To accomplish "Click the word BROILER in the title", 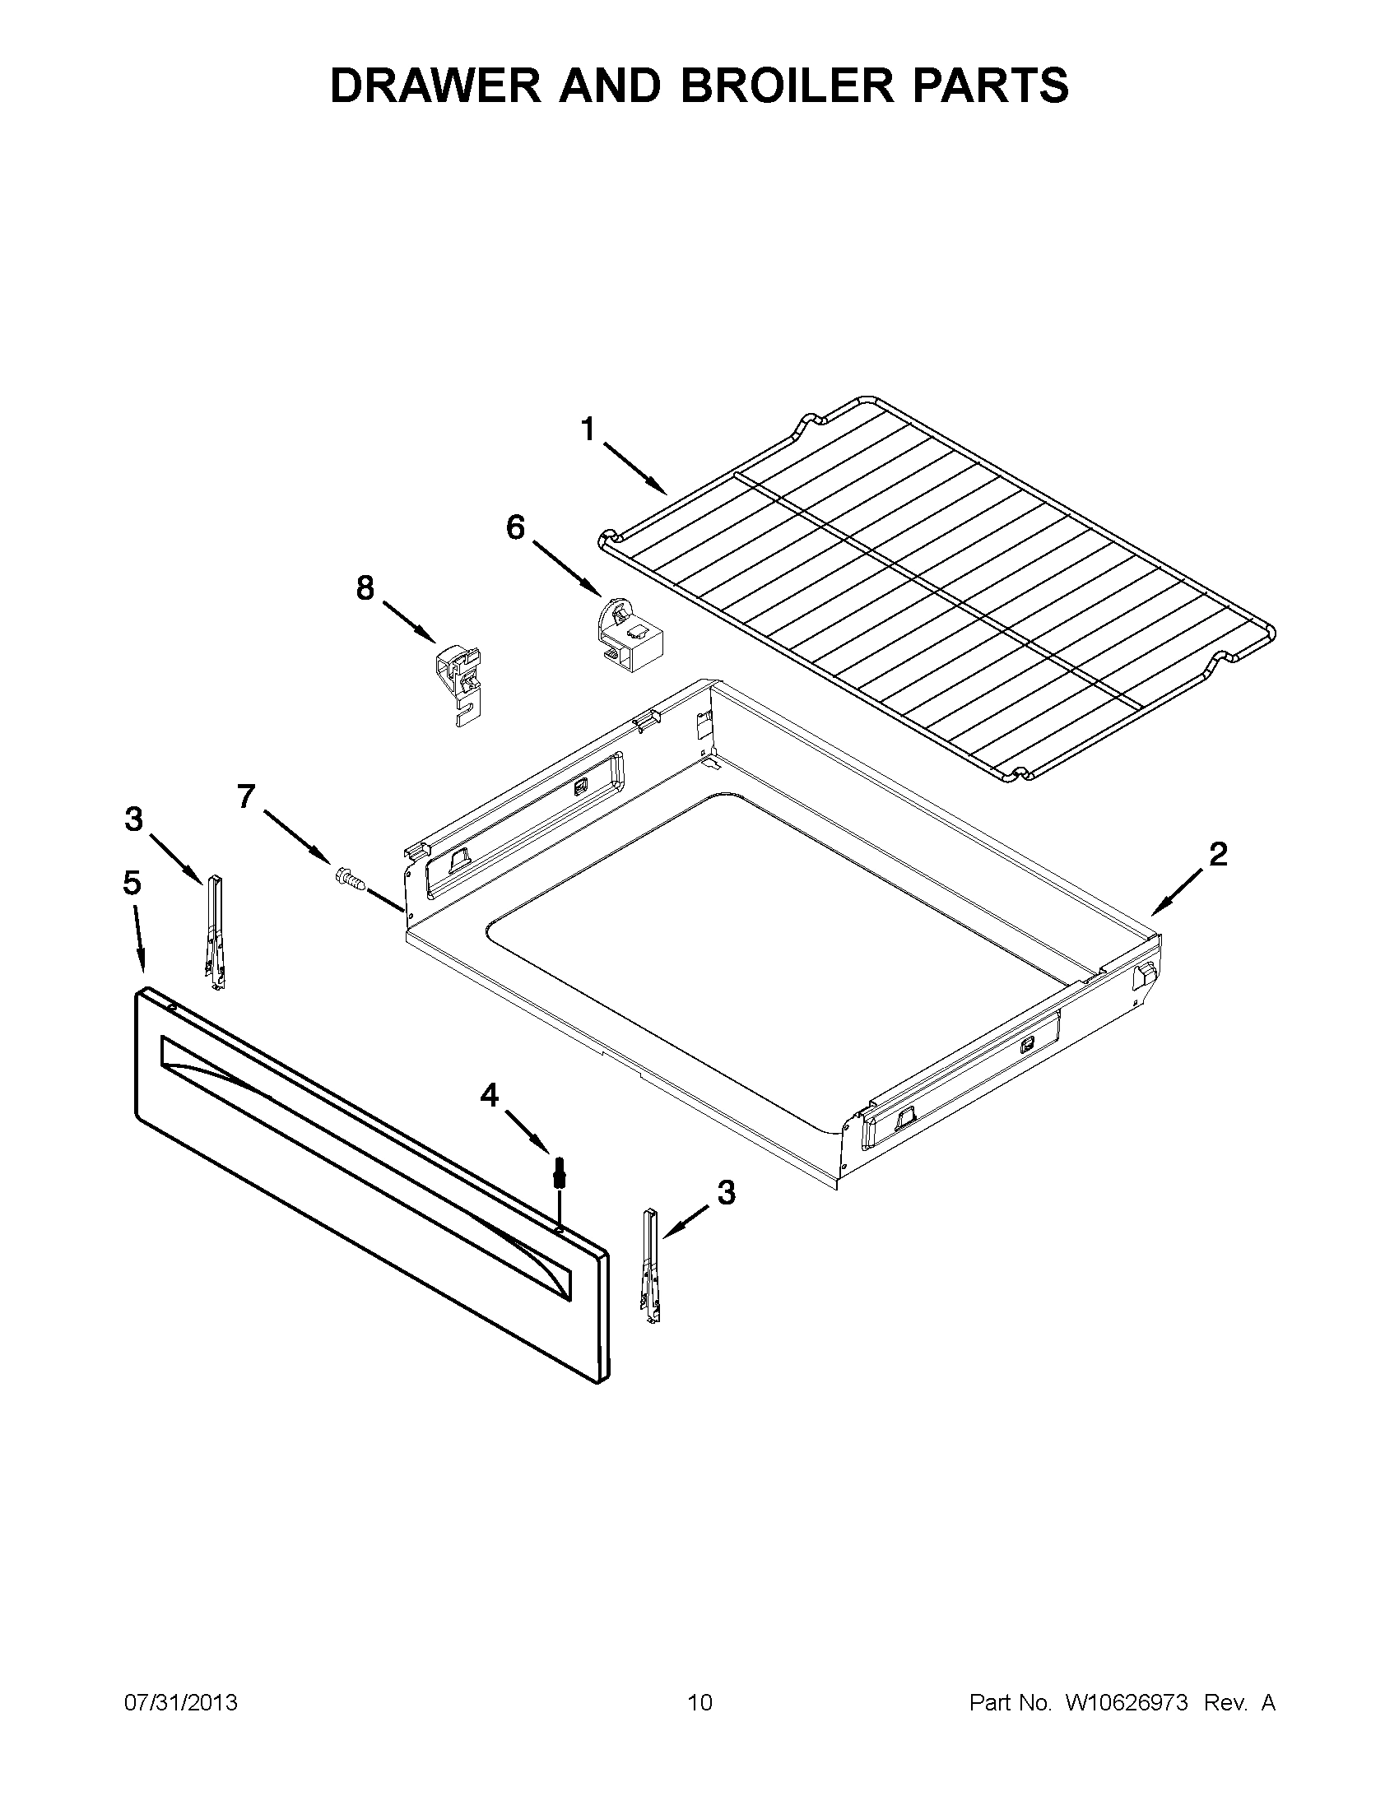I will click(x=788, y=86).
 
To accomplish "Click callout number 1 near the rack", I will click(x=588, y=430).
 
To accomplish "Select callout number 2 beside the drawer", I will click(x=1217, y=855).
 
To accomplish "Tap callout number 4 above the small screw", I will click(x=490, y=1096).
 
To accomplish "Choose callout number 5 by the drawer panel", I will click(x=132, y=884).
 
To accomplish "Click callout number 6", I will click(x=515, y=527).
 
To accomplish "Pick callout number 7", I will click(x=246, y=796).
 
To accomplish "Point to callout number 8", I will click(x=365, y=588).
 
